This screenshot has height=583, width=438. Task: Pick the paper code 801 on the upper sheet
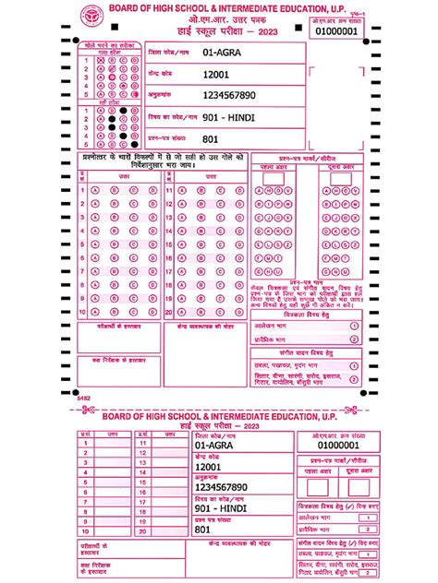[x=211, y=139]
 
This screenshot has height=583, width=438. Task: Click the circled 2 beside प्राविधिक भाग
[x=353, y=339]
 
